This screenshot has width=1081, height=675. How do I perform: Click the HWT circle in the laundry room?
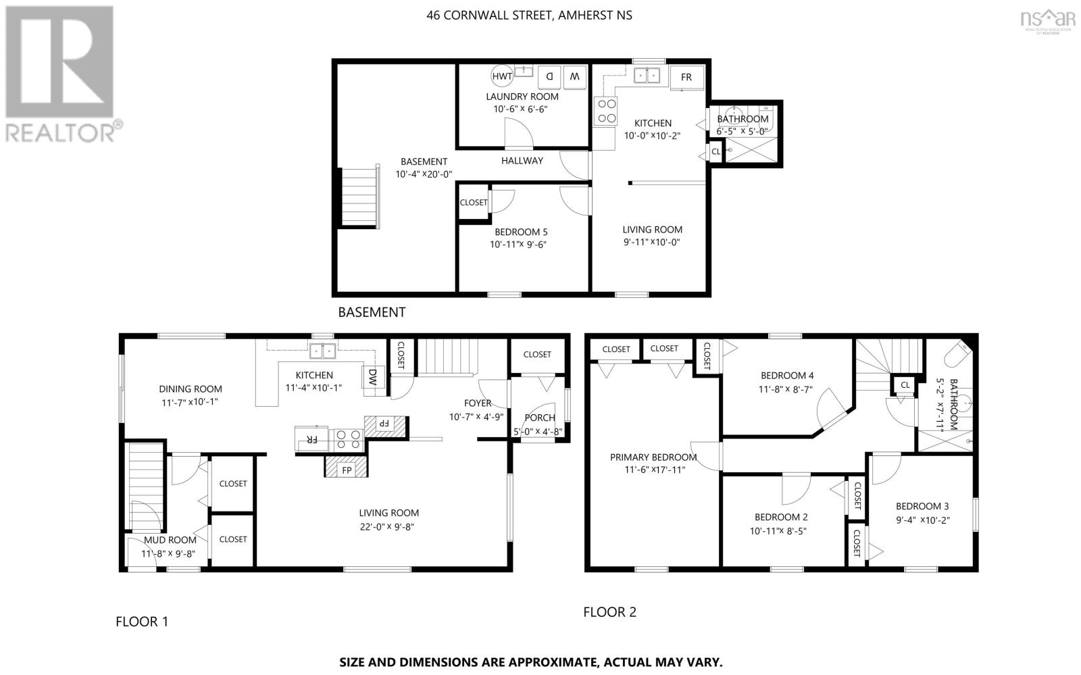[502, 76]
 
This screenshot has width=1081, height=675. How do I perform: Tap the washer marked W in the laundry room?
[574, 77]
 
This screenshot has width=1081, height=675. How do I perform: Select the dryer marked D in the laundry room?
[550, 77]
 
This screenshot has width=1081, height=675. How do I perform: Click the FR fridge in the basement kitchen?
[686, 77]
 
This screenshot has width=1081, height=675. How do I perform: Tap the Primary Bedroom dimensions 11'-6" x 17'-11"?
[655, 469]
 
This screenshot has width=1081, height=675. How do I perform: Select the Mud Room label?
[170, 540]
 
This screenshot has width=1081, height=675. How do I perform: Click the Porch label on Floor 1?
[540, 418]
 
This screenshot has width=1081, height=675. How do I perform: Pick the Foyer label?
[478, 403]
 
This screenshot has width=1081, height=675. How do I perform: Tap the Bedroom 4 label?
[787, 376]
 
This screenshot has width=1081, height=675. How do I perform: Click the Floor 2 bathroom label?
[954, 404]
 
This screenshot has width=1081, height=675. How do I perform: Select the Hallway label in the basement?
[522, 161]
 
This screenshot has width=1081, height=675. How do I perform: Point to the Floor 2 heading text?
[609, 612]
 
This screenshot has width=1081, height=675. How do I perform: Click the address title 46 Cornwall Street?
[529, 15]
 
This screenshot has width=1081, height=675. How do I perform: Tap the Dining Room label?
[191, 389]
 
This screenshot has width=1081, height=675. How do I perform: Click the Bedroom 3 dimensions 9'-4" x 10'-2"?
[923, 520]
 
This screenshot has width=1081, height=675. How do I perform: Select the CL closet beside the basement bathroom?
[715, 152]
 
